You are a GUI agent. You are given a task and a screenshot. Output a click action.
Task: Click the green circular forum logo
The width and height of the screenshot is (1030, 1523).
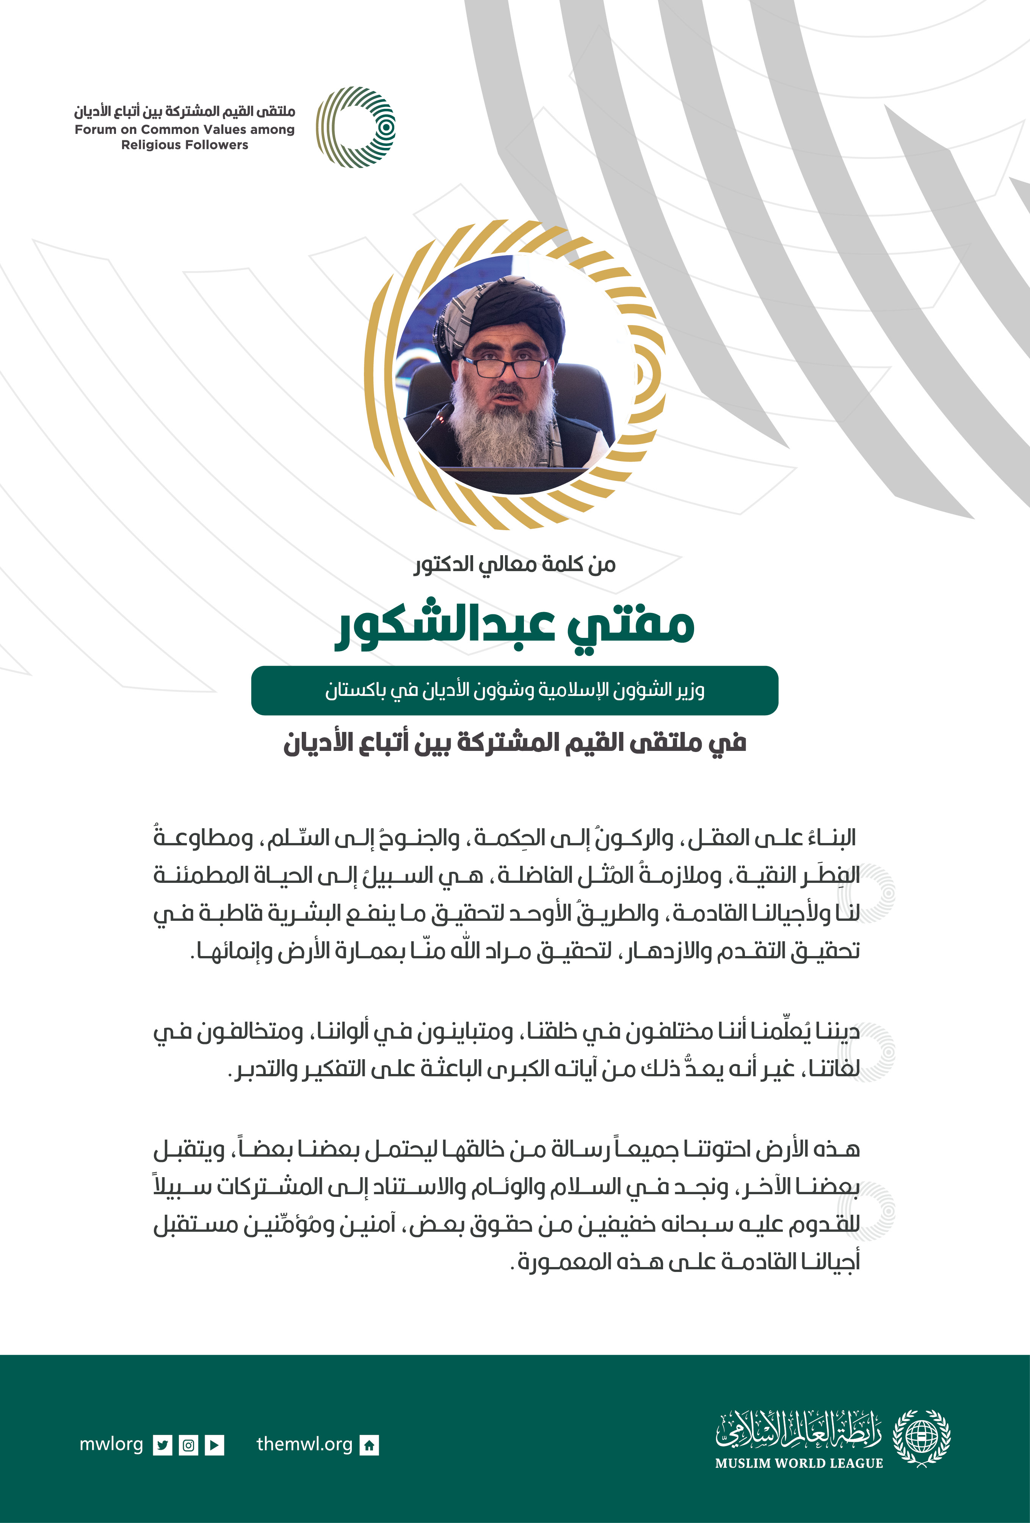356,127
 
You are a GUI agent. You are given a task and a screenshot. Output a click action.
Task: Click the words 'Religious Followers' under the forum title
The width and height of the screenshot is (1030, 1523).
185,145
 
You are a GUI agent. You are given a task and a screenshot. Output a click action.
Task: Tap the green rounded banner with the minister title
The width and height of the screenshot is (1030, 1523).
514,690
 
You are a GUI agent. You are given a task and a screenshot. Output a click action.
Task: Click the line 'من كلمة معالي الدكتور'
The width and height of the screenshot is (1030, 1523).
514,564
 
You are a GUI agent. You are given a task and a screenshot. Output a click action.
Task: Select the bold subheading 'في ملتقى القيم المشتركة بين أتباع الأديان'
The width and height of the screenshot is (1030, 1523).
514,743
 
